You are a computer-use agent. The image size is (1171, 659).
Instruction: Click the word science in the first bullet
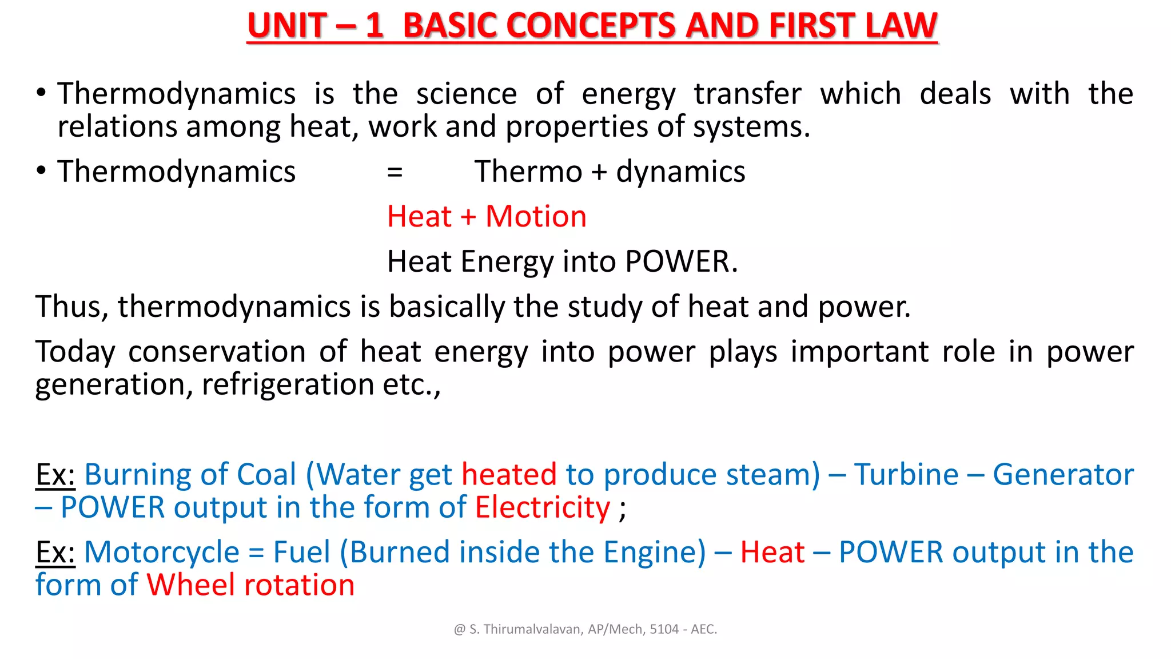click(x=466, y=94)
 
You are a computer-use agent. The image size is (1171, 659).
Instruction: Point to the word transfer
click(x=748, y=94)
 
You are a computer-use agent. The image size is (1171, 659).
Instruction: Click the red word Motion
click(x=536, y=217)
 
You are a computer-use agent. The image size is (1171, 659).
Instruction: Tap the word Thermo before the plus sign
click(x=528, y=172)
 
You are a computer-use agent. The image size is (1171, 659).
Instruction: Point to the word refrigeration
click(x=288, y=384)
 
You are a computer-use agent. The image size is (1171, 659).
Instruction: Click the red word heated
click(x=509, y=475)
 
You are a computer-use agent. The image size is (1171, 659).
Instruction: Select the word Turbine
click(x=906, y=475)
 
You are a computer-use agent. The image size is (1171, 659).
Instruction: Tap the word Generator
click(x=1063, y=475)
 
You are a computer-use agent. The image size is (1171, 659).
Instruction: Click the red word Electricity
click(x=543, y=508)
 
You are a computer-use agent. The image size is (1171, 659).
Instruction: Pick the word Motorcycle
click(x=162, y=553)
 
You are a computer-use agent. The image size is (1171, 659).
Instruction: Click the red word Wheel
click(x=191, y=585)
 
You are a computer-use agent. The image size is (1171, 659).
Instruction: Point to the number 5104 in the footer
click(x=663, y=629)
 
